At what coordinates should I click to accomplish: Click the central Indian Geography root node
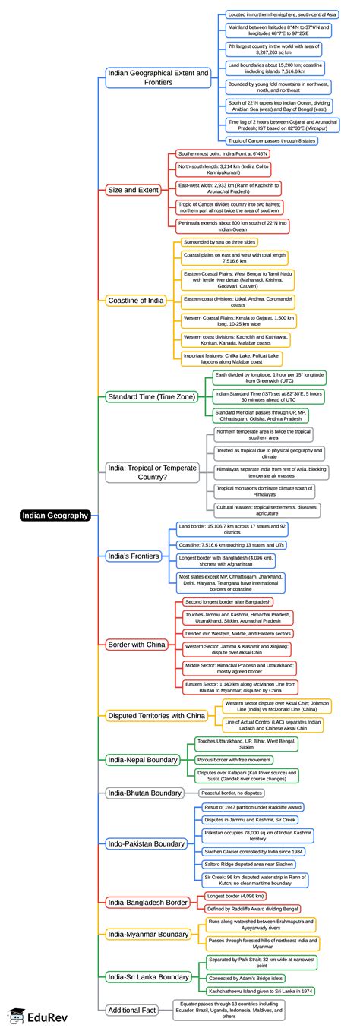point(55,516)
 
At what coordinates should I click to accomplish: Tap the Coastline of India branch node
point(135,301)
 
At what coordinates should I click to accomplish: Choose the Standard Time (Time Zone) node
point(151,396)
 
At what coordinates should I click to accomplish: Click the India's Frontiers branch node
point(132,554)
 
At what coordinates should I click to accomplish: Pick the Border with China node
point(136,645)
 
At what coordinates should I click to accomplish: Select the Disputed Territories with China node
point(156,715)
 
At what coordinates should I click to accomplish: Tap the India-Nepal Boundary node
point(143,758)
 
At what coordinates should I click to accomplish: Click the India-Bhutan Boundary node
point(144,793)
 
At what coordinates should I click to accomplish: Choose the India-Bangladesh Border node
point(147,902)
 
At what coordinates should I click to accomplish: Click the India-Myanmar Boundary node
point(147,933)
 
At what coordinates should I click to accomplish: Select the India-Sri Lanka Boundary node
point(148,976)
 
